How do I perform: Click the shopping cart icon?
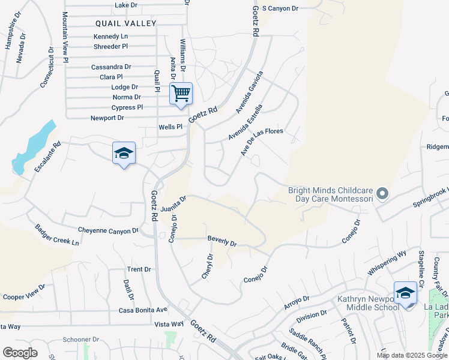click(x=181, y=94)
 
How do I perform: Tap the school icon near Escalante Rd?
click(x=124, y=154)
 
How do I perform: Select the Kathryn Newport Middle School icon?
click(x=405, y=293)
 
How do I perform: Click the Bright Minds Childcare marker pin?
click(x=382, y=194)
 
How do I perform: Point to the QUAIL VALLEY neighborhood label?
click(x=125, y=23)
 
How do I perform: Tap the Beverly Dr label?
click(x=222, y=241)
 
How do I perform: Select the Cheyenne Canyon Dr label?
click(x=108, y=230)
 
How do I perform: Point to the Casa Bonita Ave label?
click(x=142, y=310)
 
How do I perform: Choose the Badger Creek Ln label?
click(x=56, y=235)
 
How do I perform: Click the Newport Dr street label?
click(x=107, y=118)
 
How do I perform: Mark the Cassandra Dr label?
click(x=111, y=67)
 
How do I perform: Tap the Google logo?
click(x=20, y=353)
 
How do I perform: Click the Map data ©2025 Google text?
click(x=411, y=355)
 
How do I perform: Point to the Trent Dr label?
click(x=139, y=269)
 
